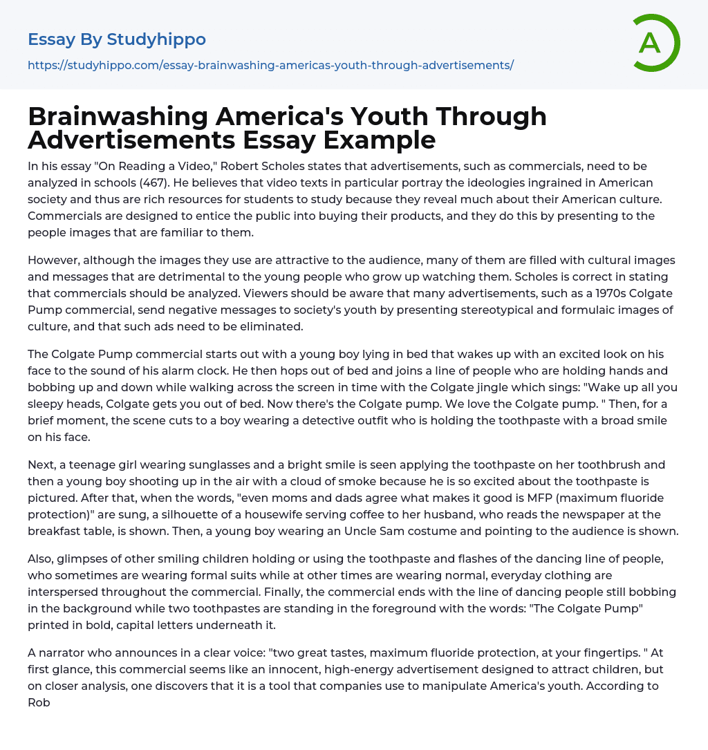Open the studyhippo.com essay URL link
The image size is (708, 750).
pos(270,65)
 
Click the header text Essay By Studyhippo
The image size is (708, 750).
pos(117,39)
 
